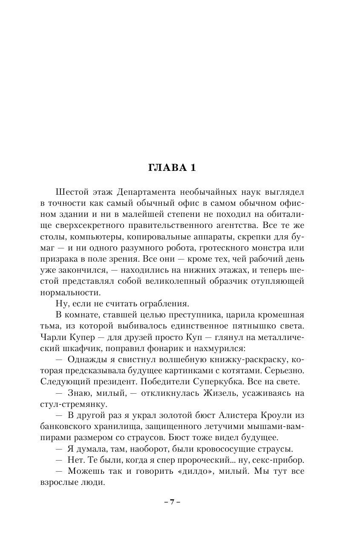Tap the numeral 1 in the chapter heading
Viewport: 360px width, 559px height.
[x=192, y=167]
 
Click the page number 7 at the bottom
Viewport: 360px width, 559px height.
[x=173, y=502]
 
